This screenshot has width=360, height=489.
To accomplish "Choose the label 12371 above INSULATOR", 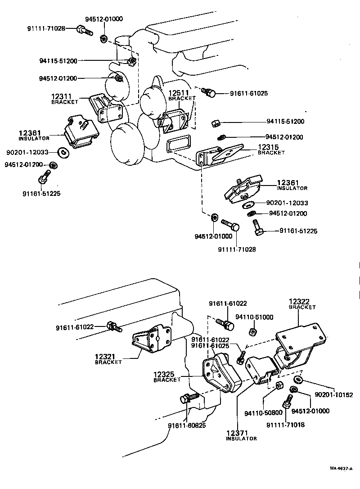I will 237,433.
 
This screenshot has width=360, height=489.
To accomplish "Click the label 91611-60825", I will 188,425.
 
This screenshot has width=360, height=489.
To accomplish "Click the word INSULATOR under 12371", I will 242,439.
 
